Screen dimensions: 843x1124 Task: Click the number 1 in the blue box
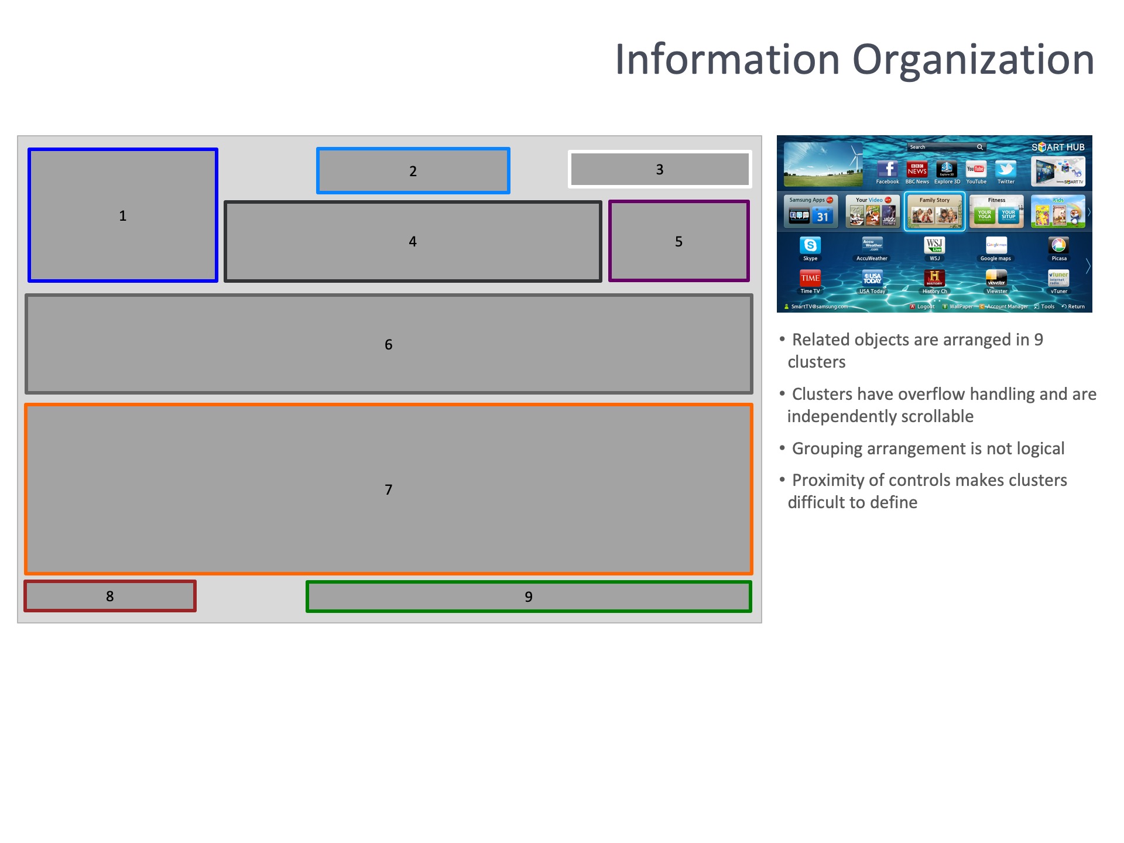(123, 215)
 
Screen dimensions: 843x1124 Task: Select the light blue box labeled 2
(413, 170)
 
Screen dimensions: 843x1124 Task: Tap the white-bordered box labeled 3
(659, 169)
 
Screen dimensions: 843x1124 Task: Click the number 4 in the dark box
(413, 241)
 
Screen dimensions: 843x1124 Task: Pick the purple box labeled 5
(678, 241)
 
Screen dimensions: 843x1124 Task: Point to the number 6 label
(388, 344)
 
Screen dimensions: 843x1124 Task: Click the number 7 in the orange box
(388, 489)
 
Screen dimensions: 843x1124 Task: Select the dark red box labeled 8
(109, 596)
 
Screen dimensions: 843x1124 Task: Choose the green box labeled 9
(528, 597)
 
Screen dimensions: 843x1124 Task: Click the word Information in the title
(728, 60)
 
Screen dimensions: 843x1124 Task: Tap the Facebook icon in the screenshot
(887, 169)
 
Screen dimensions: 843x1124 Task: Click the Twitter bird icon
(1006, 169)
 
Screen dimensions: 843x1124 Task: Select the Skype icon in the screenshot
(810, 245)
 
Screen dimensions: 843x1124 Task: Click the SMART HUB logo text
(1058, 147)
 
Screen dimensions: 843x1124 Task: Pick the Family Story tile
(934, 212)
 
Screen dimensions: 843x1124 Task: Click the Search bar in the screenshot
(943, 147)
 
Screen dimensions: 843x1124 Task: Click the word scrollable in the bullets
(937, 416)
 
